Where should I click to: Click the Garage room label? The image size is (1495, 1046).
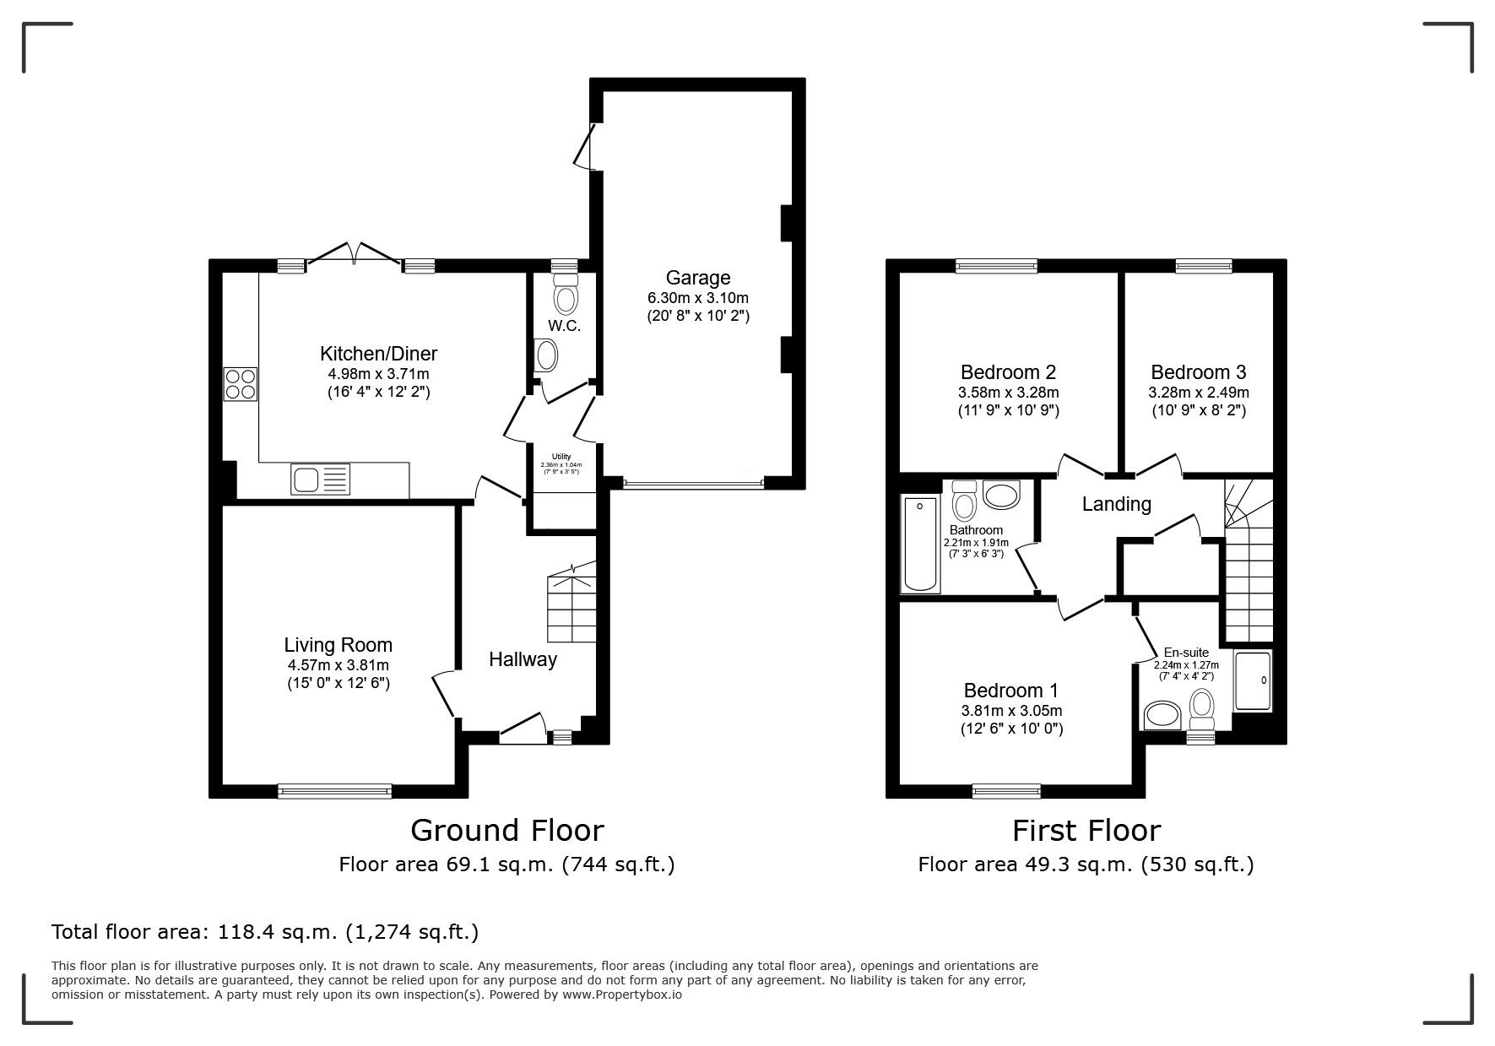point(697,278)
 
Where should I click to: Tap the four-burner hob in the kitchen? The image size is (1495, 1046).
point(240,384)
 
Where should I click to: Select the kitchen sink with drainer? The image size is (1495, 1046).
point(320,480)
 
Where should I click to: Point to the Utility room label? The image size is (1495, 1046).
point(561,457)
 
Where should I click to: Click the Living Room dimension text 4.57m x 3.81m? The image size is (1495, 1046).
point(338,664)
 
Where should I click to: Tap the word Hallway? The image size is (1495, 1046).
point(523,659)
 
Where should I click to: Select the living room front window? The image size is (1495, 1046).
point(335,791)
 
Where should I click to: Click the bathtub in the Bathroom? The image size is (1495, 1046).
point(919,545)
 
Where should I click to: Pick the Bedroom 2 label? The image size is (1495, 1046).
point(1008,372)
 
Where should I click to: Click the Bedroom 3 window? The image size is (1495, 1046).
point(1204,267)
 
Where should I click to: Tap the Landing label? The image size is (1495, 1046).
point(1116,504)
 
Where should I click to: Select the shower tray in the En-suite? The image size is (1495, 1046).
point(1253,680)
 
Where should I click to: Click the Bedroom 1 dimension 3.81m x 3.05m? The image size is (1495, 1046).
point(1011,711)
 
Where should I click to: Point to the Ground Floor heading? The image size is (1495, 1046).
point(506,830)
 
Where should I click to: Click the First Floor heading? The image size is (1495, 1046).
point(1086,830)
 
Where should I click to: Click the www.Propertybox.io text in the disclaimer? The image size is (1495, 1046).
point(622,995)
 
